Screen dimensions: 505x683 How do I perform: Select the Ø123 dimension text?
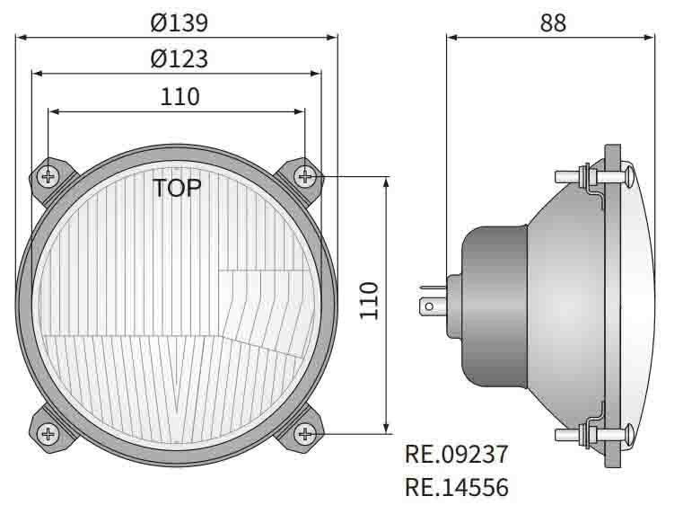179,59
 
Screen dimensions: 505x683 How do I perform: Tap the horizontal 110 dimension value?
180,96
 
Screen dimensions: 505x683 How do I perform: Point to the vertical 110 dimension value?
368,301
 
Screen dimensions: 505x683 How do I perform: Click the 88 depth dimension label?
553,23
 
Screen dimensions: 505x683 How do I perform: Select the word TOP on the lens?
177,189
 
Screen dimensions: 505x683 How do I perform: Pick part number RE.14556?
457,488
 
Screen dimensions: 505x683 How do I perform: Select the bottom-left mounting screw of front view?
48,435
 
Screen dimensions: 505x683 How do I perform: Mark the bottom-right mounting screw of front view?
306,435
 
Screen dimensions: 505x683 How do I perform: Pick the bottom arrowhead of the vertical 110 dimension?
386,429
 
